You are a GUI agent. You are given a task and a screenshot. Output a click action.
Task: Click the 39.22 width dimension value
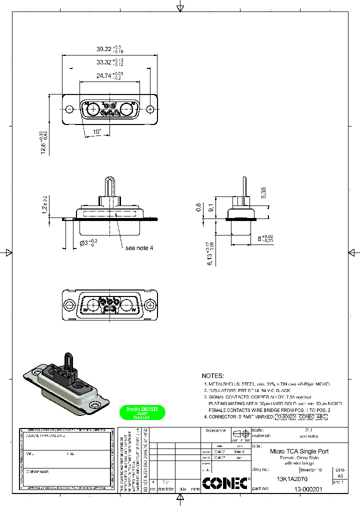(103, 49)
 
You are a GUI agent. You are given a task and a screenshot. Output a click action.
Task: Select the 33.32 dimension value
(103, 62)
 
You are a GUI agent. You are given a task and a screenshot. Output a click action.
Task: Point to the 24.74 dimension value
(103, 76)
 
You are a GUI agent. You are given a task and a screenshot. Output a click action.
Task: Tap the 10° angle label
(97, 132)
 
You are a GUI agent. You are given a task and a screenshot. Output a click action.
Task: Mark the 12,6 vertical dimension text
(44, 143)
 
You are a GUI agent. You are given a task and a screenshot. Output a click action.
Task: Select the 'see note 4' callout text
(139, 248)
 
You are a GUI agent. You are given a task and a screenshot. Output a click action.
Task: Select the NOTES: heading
(213, 375)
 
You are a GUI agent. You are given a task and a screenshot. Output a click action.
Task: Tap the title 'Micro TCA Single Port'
(299, 450)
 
